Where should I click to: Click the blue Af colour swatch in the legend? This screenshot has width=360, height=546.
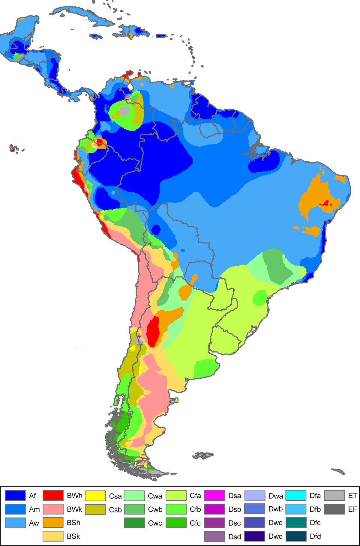[x=15, y=495]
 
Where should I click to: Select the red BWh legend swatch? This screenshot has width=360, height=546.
[x=53, y=495]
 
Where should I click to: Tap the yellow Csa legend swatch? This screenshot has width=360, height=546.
[x=95, y=496]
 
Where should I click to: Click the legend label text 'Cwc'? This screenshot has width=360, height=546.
[x=155, y=523]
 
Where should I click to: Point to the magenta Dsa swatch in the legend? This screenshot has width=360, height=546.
[x=214, y=496]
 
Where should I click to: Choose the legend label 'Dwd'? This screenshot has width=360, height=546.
[x=275, y=536]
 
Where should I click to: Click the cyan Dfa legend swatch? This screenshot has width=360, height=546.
[x=295, y=495]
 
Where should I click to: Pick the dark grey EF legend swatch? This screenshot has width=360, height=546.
[x=334, y=509]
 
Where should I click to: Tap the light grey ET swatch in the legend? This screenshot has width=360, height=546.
[x=334, y=495]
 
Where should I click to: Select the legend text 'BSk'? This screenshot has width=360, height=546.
[x=73, y=536]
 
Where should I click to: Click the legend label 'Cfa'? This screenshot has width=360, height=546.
[x=195, y=496]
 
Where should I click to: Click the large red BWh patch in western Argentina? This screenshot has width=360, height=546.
[x=153, y=331]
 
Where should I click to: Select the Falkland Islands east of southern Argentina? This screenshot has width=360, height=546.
[x=203, y=455]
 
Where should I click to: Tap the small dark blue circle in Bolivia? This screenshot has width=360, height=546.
[x=156, y=230]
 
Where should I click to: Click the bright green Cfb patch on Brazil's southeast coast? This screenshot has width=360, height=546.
[x=260, y=297]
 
